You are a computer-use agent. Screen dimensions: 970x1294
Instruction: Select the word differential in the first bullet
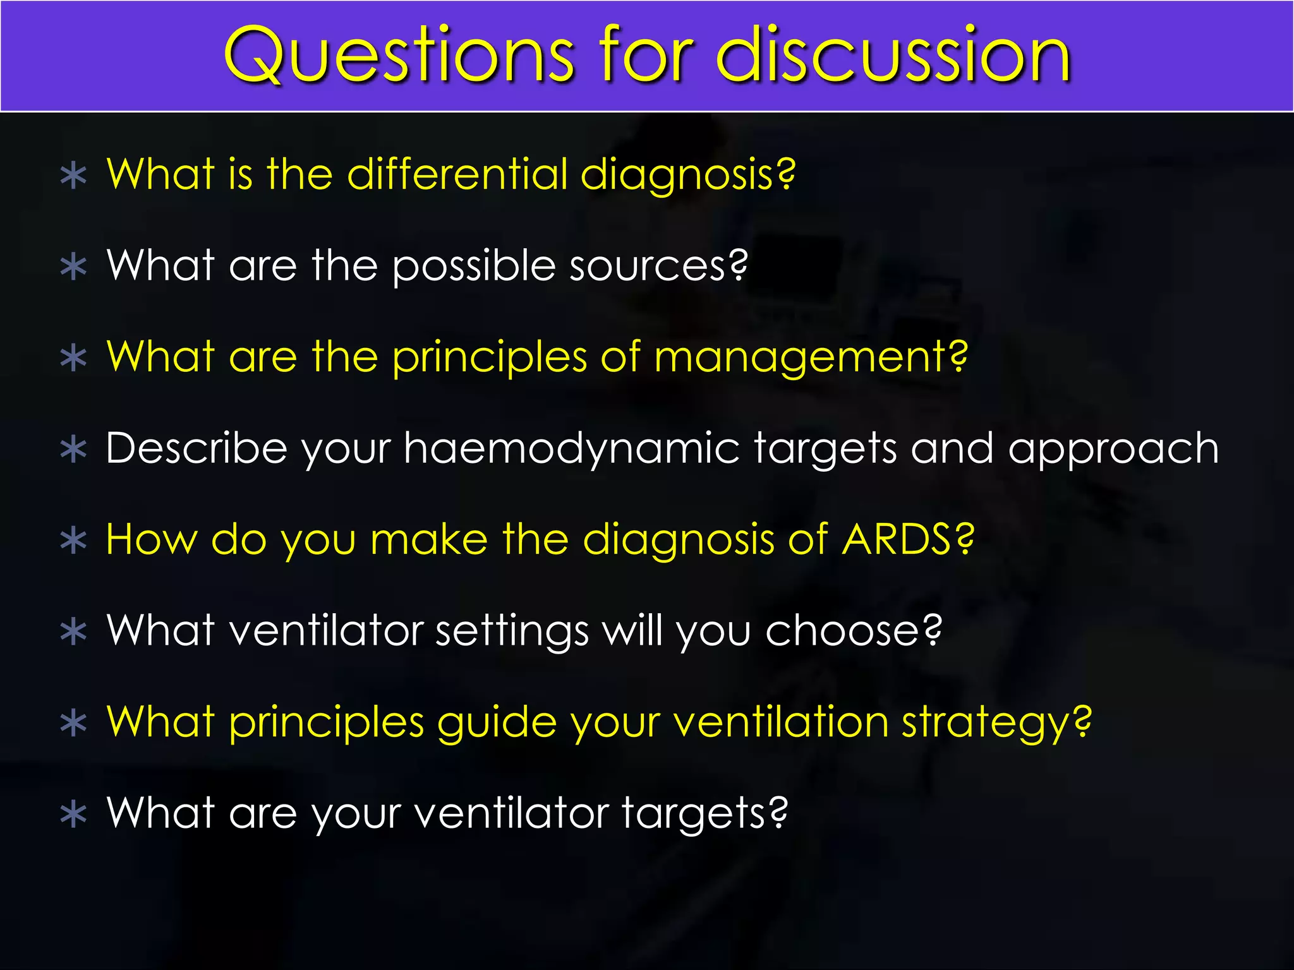pos(457,174)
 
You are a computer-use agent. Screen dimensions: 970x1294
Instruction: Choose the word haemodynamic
pos(571,449)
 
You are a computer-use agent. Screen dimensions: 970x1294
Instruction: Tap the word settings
pos(512,631)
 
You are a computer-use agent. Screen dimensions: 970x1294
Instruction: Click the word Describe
pos(197,449)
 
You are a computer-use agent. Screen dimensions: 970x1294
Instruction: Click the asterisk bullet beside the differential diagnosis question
pos(74,177)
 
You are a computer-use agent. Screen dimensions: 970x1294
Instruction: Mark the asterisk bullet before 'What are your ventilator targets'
pos(74,815)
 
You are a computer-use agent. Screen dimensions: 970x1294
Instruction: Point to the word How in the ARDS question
pos(152,540)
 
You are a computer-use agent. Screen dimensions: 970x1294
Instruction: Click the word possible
pos(474,266)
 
